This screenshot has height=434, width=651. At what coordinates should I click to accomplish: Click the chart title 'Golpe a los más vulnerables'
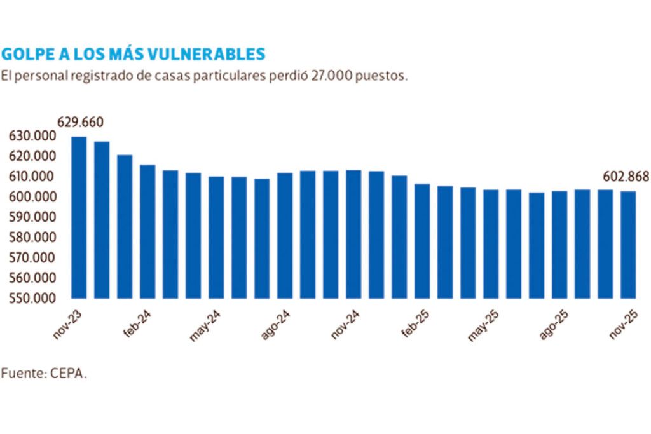(x=134, y=52)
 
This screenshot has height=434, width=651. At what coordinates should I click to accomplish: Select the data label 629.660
(x=80, y=122)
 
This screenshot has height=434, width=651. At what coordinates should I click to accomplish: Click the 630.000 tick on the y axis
(x=32, y=136)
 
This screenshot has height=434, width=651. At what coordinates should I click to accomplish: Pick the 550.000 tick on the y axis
(x=32, y=298)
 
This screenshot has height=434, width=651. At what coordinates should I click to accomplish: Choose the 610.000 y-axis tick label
(x=32, y=177)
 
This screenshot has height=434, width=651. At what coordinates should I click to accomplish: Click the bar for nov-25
(x=628, y=245)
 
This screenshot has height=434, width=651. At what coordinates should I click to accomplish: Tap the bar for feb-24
(x=147, y=231)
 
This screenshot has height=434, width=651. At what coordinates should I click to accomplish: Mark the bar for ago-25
(x=559, y=245)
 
